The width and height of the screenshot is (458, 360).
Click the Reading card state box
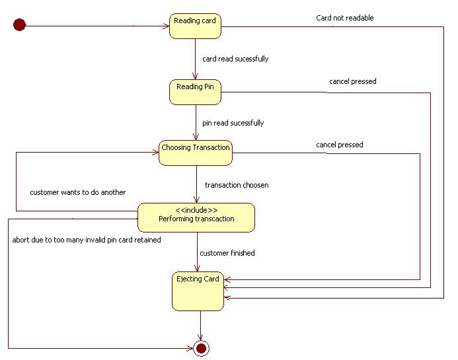point(195,26)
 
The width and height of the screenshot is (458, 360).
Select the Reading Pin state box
point(195,92)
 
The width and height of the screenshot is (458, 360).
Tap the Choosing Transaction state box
point(196,153)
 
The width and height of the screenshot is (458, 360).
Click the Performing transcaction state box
point(196,217)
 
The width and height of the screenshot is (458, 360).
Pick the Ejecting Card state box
point(198,291)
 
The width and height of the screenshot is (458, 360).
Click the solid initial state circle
point(20,26)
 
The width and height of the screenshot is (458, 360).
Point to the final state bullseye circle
point(200,347)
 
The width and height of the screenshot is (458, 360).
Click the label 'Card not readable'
point(344,18)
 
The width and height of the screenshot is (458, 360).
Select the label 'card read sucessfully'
point(235,59)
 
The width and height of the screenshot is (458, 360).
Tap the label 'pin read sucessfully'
point(233,123)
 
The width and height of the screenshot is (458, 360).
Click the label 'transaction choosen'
point(237,185)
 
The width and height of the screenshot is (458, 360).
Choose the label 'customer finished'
point(227,253)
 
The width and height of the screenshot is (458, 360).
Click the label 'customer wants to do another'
point(77,192)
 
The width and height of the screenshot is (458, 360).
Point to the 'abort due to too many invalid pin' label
point(87,240)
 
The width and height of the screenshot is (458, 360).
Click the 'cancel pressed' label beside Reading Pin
point(352,81)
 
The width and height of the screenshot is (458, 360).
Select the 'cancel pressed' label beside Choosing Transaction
point(339,145)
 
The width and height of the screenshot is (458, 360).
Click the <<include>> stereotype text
point(196,209)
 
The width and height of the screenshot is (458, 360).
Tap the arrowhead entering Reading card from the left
point(165,26)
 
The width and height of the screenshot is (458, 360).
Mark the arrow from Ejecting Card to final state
point(200,325)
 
